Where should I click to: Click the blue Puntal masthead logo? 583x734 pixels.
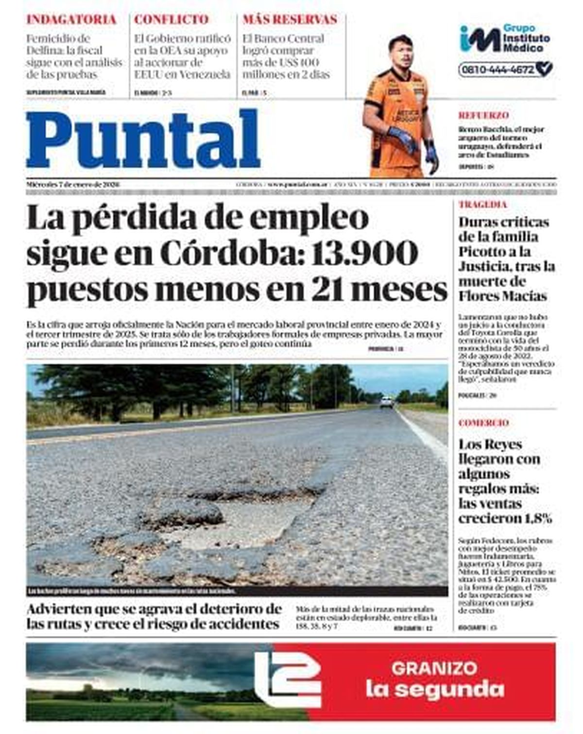click(x=143, y=140)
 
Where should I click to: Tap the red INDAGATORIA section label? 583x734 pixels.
click(x=71, y=20)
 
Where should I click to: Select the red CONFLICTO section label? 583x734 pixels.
click(x=171, y=20)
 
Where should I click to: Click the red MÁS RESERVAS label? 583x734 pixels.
click(x=290, y=20)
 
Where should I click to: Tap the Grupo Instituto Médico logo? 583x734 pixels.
click(x=505, y=38)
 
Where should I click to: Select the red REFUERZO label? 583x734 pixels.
click(x=483, y=116)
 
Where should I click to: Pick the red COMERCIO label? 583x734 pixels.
click(x=483, y=423)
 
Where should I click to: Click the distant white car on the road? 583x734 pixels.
click(x=387, y=402)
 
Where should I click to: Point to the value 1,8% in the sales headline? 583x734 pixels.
click(x=538, y=519)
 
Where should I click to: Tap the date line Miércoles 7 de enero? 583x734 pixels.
click(x=73, y=185)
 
